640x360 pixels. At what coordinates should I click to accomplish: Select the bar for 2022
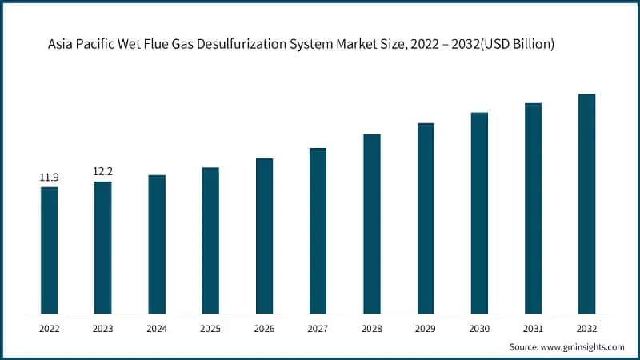coord(50,250)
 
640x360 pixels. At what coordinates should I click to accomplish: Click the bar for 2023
coord(103,246)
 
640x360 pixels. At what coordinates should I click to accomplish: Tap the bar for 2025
coord(210,240)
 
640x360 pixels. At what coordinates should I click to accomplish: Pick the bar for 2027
coord(318,230)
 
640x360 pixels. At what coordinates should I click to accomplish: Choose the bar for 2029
coord(426,218)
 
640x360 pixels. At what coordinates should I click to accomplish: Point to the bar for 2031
coord(533,208)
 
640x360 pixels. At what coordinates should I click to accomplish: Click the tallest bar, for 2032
coord(586,203)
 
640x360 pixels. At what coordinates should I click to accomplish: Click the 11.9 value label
coord(50,177)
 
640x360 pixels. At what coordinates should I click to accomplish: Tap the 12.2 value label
coord(103,171)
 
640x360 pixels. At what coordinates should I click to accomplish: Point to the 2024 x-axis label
coord(157,328)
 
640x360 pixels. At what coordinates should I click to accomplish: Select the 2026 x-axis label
coord(264,328)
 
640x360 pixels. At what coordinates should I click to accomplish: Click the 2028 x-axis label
coord(372,328)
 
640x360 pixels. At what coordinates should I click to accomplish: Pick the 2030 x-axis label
coord(479,328)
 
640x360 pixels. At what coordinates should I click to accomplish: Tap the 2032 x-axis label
coord(586,328)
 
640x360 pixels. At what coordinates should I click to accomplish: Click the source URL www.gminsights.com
coord(582,346)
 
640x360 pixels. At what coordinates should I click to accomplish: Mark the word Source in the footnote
coord(524,346)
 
